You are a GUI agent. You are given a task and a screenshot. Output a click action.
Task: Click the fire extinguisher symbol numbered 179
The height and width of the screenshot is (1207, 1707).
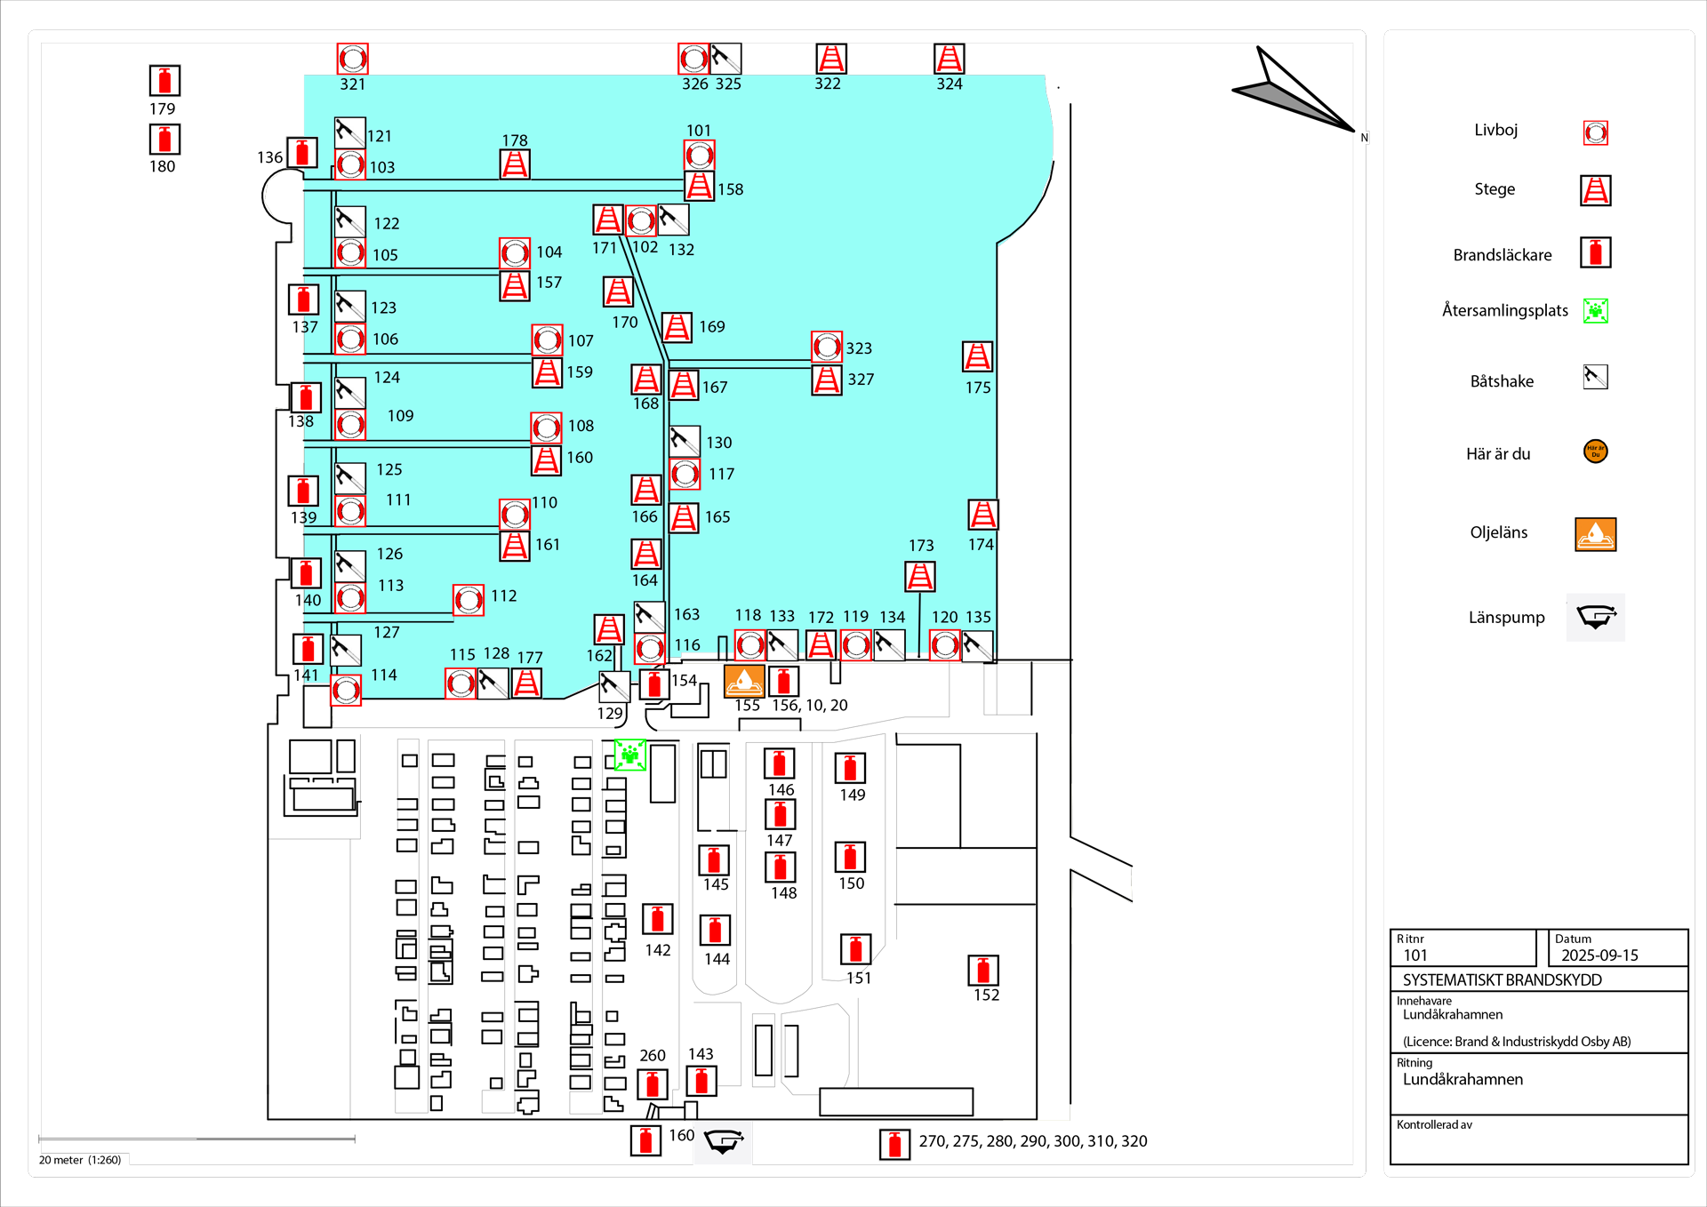(x=164, y=81)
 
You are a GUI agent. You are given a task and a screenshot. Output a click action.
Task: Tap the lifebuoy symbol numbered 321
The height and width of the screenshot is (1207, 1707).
(x=352, y=59)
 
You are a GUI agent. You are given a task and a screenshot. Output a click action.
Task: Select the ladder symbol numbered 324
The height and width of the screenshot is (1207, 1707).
(x=949, y=59)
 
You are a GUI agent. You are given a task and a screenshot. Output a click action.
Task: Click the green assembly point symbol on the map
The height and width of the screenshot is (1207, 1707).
(x=630, y=755)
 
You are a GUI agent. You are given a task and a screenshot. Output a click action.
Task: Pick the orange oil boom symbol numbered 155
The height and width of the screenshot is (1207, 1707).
(x=744, y=681)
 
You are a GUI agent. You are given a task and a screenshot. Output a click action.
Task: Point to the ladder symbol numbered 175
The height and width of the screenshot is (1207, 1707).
(x=977, y=356)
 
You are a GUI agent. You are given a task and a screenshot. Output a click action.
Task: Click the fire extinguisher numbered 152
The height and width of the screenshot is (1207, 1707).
(x=983, y=970)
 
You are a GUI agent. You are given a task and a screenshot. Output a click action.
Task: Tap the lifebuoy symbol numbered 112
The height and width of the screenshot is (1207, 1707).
(x=469, y=600)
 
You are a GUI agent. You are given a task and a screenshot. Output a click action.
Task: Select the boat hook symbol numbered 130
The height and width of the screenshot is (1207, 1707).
(x=684, y=441)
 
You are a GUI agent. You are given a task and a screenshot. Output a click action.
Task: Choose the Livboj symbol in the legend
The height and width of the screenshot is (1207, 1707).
(x=1596, y=133)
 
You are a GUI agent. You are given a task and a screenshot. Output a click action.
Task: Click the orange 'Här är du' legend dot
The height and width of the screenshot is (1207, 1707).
(x=1596, y=452)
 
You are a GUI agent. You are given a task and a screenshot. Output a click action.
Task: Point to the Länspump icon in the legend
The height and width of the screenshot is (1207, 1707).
(x=1596, y=617)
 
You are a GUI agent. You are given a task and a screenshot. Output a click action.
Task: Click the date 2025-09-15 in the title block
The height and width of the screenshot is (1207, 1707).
(x=1599, y=955)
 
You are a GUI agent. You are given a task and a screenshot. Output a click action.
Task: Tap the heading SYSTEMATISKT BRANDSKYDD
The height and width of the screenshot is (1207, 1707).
(x=1502, y=979)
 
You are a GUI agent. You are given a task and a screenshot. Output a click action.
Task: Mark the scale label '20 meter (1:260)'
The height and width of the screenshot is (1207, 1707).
(x=80, y=1160)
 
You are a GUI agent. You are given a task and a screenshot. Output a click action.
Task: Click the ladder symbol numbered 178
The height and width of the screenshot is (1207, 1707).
(x=515, y=164)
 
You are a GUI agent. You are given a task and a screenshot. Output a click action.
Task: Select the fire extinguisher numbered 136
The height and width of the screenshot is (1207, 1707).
(x=302, y=153)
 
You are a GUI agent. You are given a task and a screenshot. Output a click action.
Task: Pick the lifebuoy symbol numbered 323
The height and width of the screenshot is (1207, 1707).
(x=826, y=347)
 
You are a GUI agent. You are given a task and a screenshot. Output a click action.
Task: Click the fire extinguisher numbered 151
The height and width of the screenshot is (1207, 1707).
(x=855, y=949)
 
